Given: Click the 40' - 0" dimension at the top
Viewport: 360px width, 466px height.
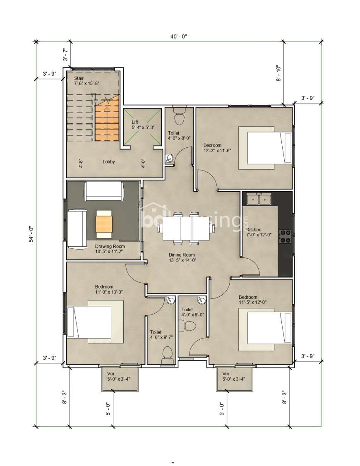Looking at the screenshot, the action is (x=178, y=36).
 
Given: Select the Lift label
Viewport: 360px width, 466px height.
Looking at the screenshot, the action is (x=135, y=122).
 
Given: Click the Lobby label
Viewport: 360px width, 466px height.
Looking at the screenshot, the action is (x=109, y=162).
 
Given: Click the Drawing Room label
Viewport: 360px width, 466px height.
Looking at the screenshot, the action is (x=110, y=246).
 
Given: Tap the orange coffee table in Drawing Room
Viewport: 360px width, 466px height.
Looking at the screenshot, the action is (x=104, y=224).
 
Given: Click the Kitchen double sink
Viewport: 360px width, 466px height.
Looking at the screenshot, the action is (x=259, y=199).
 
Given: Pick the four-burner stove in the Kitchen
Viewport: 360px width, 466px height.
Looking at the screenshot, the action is (x=285, y=236).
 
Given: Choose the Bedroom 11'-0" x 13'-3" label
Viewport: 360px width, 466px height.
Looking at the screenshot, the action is (x=109, y=289).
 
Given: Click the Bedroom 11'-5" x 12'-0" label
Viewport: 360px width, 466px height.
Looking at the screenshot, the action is (x=252, y=300).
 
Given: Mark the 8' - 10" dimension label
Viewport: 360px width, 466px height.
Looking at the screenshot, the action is (x=278, y=73).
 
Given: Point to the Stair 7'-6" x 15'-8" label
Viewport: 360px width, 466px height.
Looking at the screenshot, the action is (x=87, y=81).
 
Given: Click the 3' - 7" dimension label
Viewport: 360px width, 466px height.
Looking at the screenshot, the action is (x=66, y=54).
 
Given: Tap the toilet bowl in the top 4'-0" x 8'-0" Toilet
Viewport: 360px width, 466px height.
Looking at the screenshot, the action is (x=179, y=116).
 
